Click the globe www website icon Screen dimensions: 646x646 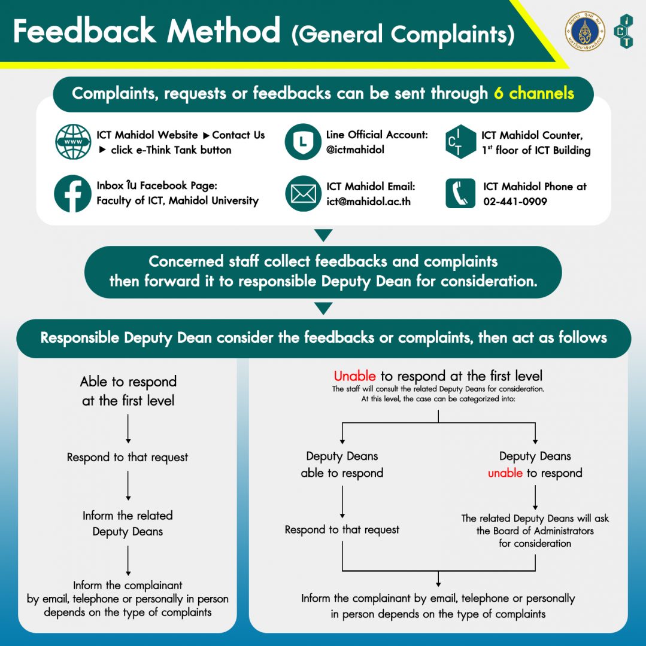point(74,142)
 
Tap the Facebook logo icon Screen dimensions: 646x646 point(72,194)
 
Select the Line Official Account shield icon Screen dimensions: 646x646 point(303,142)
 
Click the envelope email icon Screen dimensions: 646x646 point(304,194)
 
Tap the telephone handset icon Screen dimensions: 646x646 point(460,193)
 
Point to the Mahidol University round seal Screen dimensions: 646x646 point(585,31)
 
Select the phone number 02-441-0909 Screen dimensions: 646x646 point(515,202)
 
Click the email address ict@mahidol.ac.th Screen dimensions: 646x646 point(369,202)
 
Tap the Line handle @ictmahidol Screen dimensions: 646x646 point(355,150)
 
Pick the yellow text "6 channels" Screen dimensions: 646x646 point(534,93)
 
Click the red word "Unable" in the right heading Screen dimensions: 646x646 point(354,376)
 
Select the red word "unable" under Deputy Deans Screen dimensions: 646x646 point(505,473)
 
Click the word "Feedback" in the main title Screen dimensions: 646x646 point(84,31)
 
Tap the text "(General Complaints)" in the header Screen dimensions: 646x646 point(403,35)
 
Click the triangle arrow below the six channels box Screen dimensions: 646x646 point(323,236)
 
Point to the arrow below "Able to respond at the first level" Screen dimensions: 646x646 point(128,428)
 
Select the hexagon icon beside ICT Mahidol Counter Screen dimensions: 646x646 point(460,142)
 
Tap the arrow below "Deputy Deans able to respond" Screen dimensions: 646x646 point(342,502)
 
